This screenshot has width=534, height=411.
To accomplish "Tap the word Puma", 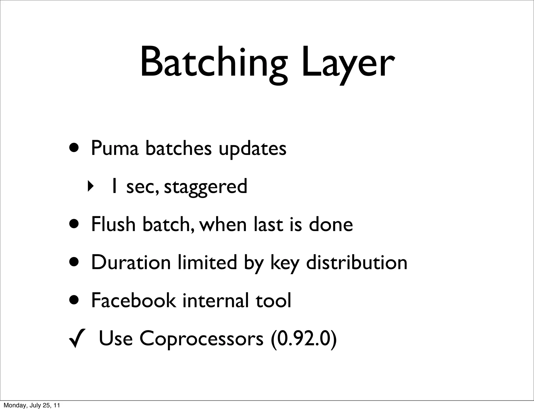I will [114, 148].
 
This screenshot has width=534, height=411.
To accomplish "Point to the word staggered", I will [205, 187].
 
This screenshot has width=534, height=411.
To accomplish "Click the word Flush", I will [113, 224].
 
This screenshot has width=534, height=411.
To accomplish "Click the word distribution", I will [356, 262].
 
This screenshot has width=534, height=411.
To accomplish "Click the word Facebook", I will [133, 300].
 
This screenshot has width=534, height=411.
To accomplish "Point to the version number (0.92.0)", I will [304, 339].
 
